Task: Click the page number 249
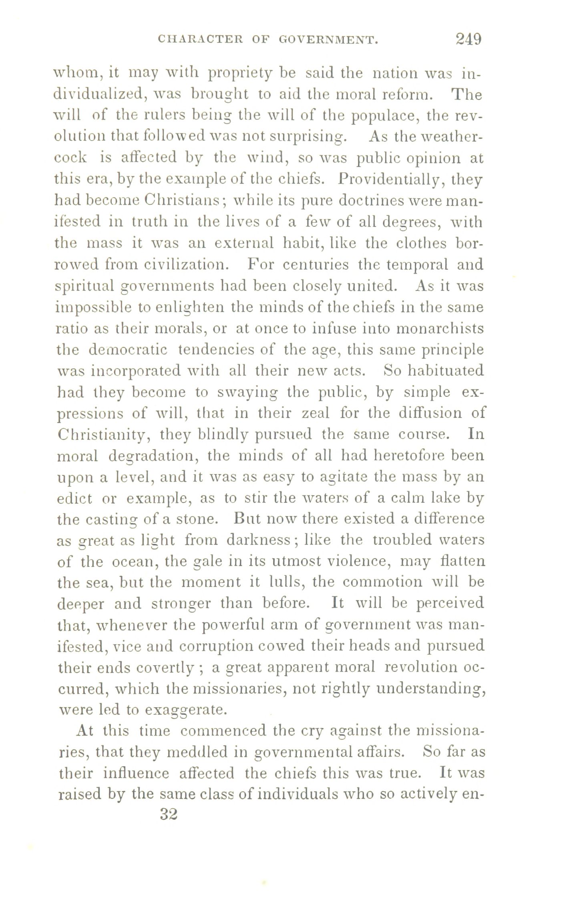pyautogui.click(x=468, y=39)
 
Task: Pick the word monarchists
pyautogui.click(x=439, y=329)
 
